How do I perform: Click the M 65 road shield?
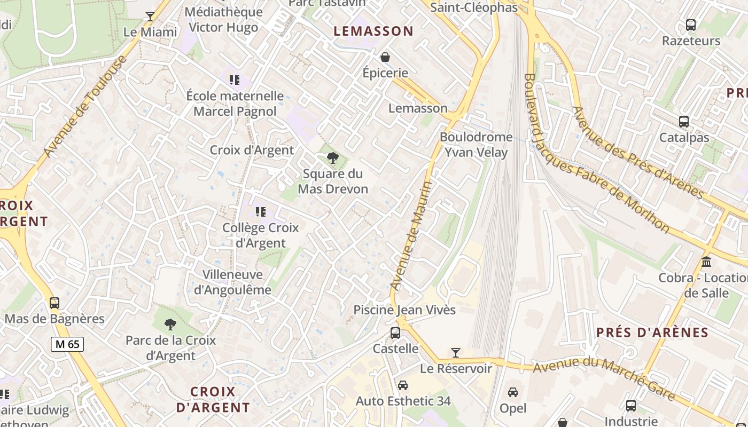[67, 344]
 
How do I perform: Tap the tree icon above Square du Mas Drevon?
[332, 157]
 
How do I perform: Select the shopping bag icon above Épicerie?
[385, 57]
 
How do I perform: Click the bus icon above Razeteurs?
[690, 25]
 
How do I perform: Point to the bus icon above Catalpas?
[683, 122]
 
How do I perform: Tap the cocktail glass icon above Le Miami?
[150, 16]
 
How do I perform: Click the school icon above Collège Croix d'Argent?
[260, 212]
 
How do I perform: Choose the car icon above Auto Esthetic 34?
[403, 385]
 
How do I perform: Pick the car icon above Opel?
[512, 392]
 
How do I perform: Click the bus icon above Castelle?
[395, 333]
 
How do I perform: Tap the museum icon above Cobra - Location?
[706, 262]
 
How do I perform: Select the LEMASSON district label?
[373, 31]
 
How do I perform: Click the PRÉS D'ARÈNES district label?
[652, 333]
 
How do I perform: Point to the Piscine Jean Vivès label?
[404, 310]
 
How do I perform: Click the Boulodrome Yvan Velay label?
[476, 145]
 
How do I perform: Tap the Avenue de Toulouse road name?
[85, 106]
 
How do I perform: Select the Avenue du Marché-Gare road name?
[604, 378]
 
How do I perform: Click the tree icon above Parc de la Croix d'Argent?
[170, 324]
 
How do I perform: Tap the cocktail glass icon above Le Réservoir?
[455, 353]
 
